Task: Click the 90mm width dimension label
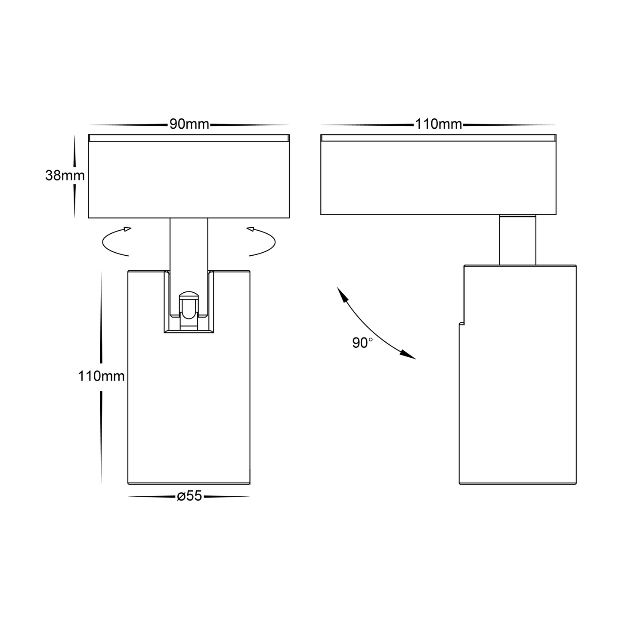click(x=189, y=124)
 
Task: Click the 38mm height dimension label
click(x=65, y=176)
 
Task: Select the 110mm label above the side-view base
click(x=438, y=124)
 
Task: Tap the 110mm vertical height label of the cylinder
click(x=101, y=376)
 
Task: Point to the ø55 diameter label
click(x=189, y=496)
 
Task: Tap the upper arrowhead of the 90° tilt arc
click(x=342, y=295)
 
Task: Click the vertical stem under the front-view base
click(x=189, y=243)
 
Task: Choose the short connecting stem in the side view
click(x=517, y=240)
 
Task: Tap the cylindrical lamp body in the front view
click(x=189, y=409)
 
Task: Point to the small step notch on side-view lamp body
click(x=461, y=323)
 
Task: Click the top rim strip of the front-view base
click(x=189, y=138)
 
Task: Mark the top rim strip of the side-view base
click(x=438, y=138)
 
